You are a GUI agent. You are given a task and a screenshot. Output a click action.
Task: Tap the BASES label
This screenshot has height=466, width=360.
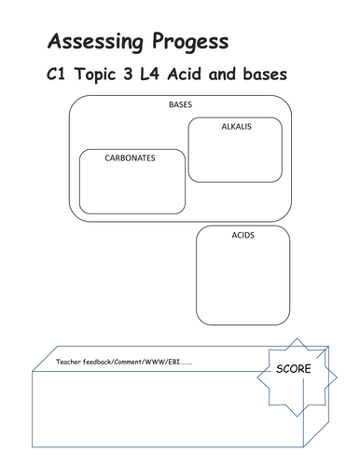(180, 104)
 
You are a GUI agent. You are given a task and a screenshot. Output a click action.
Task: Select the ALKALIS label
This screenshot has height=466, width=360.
(237, 125)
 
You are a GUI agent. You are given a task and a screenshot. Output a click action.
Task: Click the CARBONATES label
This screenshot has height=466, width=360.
(130, 158)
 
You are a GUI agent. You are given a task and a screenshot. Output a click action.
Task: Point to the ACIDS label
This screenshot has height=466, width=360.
(243, 235)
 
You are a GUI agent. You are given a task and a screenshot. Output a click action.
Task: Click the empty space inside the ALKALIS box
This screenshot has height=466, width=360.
(236, 158)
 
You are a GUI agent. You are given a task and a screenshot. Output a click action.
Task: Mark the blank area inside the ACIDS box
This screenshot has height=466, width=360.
(242, 275)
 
